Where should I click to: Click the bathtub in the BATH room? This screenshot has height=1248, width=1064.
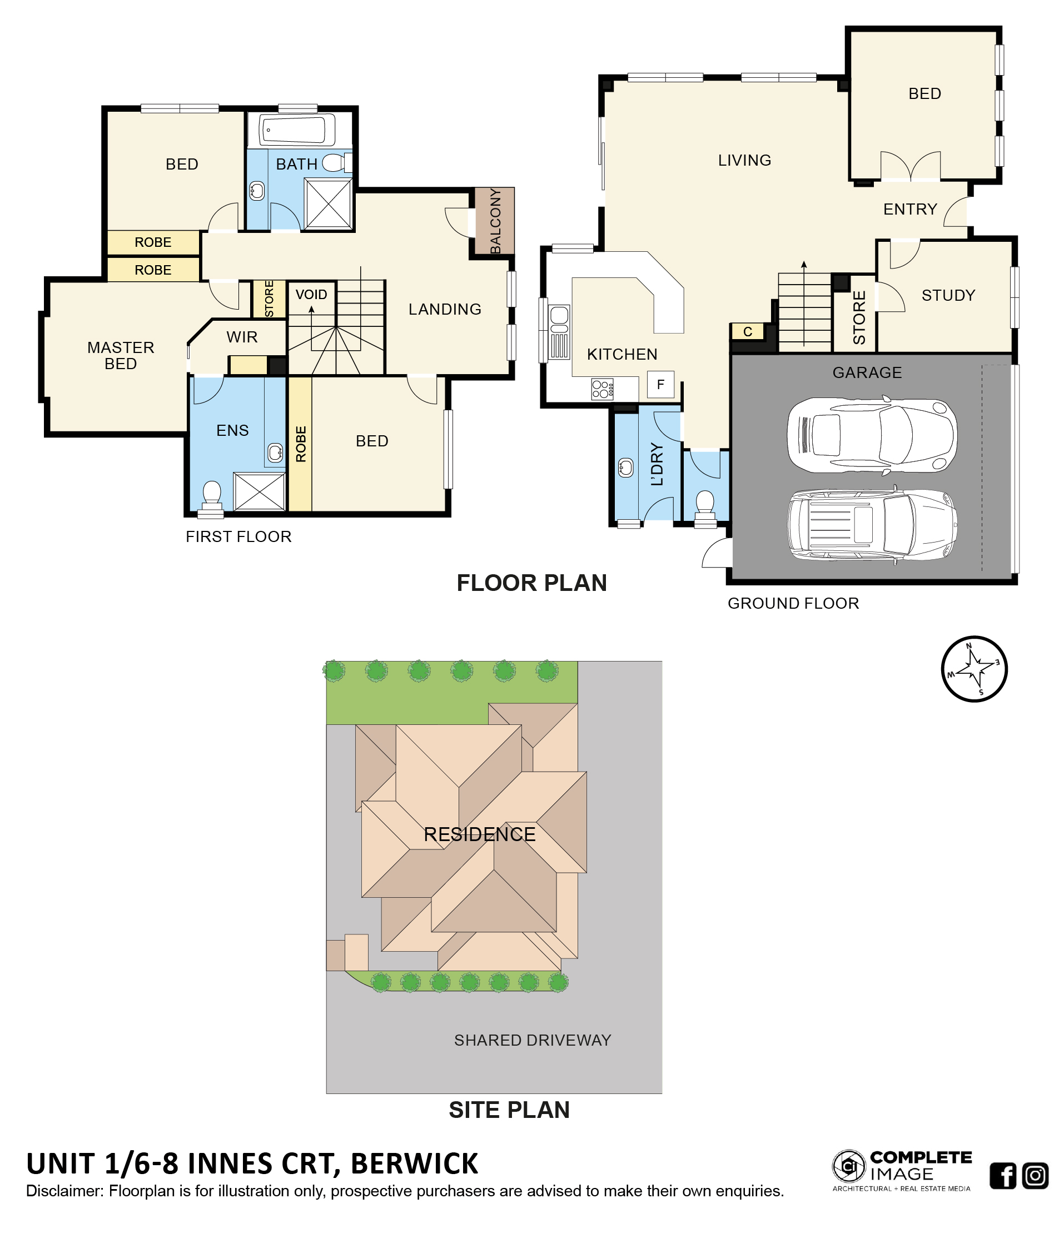pyautogui.click(x=296, y=129)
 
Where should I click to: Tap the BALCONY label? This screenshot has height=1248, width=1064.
pyautogui.click(x=495, y=221)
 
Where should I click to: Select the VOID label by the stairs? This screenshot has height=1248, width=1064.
pyautogui.click(x=311, y=295)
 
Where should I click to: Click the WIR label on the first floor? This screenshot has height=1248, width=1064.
pyautogui.click(x=242, y=337)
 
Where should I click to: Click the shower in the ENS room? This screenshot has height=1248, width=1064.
pyautogui.click(x=259, y=491)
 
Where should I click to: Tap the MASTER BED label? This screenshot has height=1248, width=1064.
pyautogui.click(x=121, y=355)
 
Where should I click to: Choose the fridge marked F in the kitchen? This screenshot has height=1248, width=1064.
pyautogui.click(x=660, y=384)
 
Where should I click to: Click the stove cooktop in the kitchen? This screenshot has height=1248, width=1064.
pyautogui.click(x=602, y=389)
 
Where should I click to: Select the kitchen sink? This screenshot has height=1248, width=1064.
pyautogui.click(x=559, y=320)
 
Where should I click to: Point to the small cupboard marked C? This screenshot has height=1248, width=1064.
pyautogui.click(x=747, y=331)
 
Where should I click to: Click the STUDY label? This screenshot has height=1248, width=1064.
pyautogui.click(x=948, y=295)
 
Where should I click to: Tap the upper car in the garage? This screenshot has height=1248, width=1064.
pyautogui.click(x=871, y=434)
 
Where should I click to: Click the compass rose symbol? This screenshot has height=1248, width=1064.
pyautogui.click(x=974, y=669)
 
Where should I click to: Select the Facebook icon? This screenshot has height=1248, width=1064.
pyautogui.click(x=1003, y=1176)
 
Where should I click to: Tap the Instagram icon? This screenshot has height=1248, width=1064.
pyautogui.click(x=1036, y=1176)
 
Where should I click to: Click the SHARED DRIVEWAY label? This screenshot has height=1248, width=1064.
pyautogui.click(x=533, y=1040)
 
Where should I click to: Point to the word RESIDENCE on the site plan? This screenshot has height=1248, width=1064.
pyautogui.click(x=479, y=834)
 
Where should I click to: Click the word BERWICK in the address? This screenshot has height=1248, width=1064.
pyautogui.click(x=414, y=1164)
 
